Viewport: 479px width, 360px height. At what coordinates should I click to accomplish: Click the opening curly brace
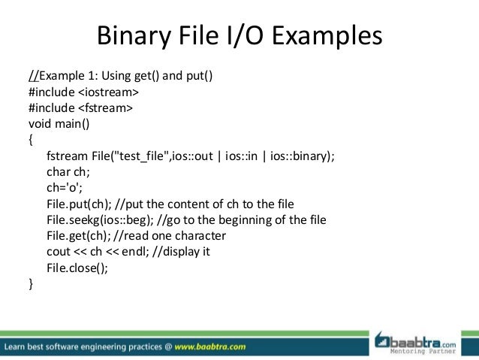(31, 140)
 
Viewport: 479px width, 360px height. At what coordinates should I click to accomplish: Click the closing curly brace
(31, 283)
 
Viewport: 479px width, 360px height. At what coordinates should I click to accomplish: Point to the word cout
(58, 252)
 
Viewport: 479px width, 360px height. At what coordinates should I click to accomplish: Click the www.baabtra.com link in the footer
(212, 347)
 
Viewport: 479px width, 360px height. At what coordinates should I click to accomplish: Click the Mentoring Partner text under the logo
(426, 351)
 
